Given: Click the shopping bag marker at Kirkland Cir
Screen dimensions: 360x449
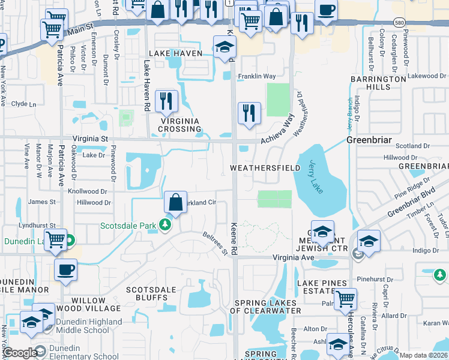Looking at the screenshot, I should point(175,204).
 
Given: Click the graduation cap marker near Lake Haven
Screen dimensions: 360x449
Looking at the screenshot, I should point(224,48).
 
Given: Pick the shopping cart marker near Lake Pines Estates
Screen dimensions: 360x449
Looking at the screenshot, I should point(345,300).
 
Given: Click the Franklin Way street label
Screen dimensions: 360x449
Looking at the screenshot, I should point(256,76).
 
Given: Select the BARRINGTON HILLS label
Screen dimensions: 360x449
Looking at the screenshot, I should point(379,83).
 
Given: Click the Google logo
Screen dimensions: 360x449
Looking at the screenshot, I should point(20,353).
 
